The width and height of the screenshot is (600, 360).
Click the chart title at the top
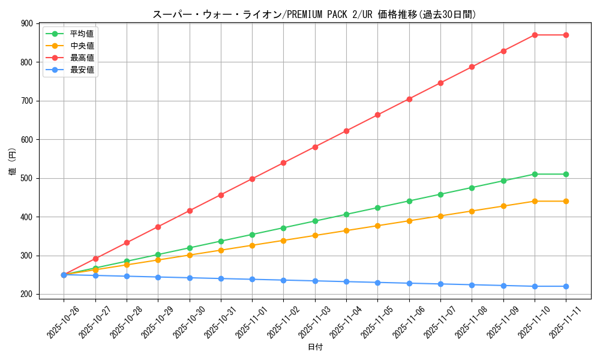click(314, 14)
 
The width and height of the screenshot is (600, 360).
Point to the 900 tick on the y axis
click(27, 23)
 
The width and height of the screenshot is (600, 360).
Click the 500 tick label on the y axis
click(27, 178)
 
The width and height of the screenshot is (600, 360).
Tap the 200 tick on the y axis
click(27, 294)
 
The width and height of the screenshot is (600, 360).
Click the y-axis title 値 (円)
click(13, 162)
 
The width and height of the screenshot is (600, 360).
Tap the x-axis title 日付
click(315, 347)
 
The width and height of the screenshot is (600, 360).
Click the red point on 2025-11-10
click(535, 35)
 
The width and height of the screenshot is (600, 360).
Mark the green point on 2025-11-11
click(566, 174)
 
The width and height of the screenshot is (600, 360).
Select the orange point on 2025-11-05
click(377, 226)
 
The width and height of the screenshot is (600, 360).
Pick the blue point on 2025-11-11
click(566, 286)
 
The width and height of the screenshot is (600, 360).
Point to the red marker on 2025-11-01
click(252, 179)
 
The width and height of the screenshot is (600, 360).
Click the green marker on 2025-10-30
click(190, 248)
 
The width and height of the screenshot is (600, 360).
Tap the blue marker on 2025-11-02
click(283, 280)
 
